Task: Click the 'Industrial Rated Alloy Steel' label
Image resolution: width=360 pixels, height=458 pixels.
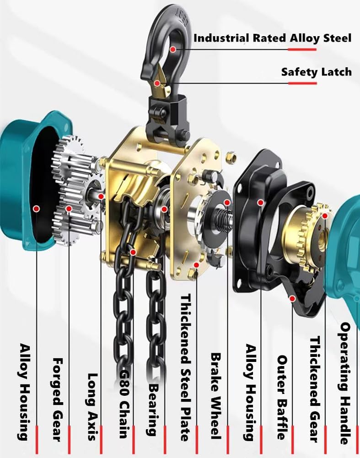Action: coord(273,38)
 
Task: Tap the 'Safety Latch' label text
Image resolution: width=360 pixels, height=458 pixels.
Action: coord(316,72)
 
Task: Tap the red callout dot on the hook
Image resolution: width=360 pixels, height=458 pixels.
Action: coord(173,48)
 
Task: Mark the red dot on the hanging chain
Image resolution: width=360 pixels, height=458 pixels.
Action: coord(132,252)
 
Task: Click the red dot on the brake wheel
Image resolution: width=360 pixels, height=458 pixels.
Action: coord(227,202)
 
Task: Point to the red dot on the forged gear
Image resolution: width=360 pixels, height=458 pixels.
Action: coord(69,209)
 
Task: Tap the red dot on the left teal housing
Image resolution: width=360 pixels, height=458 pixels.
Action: coord(36,208)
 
